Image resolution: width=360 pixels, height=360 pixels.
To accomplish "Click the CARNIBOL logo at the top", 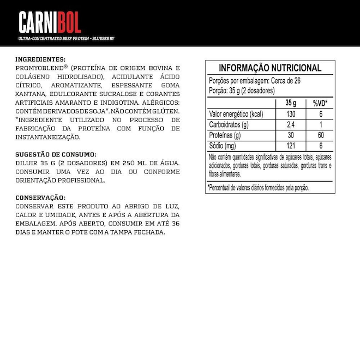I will pyautogui.click(x=50, y=22).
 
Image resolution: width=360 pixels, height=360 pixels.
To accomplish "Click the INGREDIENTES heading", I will pyautogui.click(x=40, y=59).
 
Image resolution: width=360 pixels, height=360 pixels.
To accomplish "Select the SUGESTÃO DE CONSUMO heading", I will pyautogui.click(x=56, y=154).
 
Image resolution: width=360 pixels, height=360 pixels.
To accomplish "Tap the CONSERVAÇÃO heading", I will pyautogui.click(x=40, y=197).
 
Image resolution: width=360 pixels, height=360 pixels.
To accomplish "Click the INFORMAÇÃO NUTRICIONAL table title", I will pyautogui.click(x=270, y=68).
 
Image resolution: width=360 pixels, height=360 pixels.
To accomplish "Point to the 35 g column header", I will pyautogui.click(x=291, y=103).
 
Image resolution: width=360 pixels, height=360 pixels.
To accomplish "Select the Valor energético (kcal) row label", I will pyautogui.click(x=237, y=114).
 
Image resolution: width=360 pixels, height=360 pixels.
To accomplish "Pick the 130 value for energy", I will pyautogui.click(x=291, y=114).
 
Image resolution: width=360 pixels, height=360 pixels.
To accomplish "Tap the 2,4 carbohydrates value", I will pyautogui.click(x=291, y=125).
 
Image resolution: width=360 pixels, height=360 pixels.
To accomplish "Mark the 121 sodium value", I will pyautogui.click(x=291, y=146).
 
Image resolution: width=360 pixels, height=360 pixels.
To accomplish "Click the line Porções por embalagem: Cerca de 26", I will pyautogui.click(x=255, y=81).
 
